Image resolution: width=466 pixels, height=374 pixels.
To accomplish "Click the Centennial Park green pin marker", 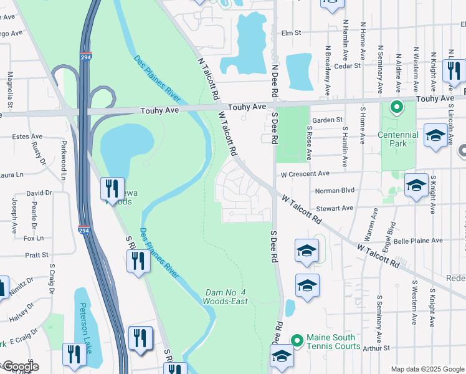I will pos(395,108).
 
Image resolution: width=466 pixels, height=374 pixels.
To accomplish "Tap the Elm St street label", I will pos(291,33).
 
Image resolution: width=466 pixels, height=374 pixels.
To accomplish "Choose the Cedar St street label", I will pos(347,65).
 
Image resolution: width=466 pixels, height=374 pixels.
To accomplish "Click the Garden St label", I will pos(328,120).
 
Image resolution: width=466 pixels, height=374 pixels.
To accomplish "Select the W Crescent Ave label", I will pos(304,174).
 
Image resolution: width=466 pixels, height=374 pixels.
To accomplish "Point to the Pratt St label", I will pos(37,255).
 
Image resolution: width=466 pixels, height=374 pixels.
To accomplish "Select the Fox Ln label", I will pos(34,238).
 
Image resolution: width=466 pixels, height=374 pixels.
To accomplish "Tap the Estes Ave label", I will pos(27,137).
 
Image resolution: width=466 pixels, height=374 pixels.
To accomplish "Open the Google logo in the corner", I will pos(20,367).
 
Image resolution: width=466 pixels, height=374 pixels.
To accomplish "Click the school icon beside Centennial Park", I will pos(435,135).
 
